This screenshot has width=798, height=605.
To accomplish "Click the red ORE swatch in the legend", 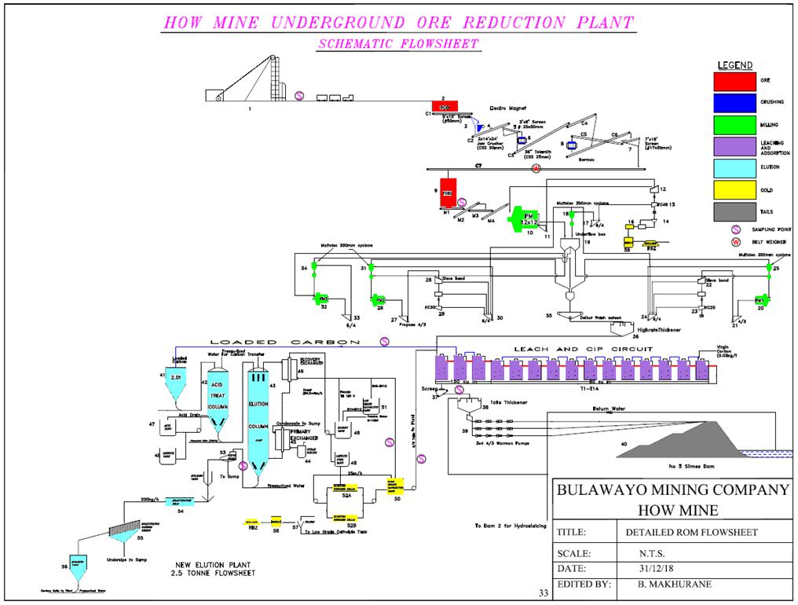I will pyautogui.click(x=734, y=81).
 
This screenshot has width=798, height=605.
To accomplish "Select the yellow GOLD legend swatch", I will pyautogui.click(x=734, y=189).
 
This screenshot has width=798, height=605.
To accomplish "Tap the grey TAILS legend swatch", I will pyautogui.click(x=734, y=211).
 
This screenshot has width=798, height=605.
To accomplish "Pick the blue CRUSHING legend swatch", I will pyautogui.click(x=734, y=102).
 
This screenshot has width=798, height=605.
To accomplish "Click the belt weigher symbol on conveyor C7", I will pyautogui.click(x=537, y=170).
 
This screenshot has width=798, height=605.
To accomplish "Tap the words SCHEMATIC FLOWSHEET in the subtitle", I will pyautogui.click(x=398, y=45).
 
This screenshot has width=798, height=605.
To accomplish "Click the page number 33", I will pyautogui.click(x=543, y=592).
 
